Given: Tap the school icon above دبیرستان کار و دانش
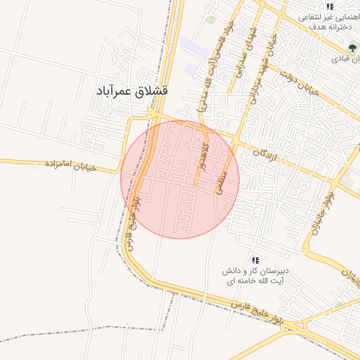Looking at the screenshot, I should pos(255,260).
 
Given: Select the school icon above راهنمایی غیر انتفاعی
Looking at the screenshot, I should pos(330,6).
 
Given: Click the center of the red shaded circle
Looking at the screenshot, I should pos(180,179).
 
